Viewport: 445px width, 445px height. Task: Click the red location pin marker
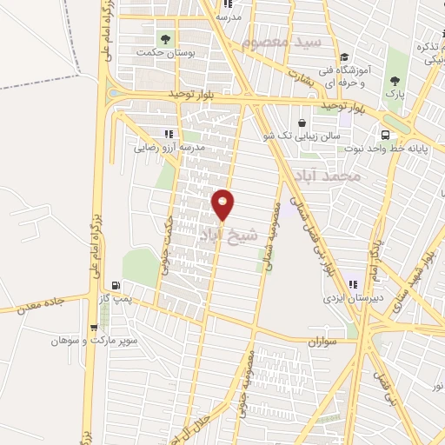pyautogui.click(x=223, y=204)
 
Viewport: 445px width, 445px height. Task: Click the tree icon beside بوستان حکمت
pyautogui.click(x=165, y=38)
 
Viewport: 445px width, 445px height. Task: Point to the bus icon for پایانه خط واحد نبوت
pyautogui.click(x=384, y=135)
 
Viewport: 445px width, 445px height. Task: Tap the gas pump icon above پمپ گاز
pyautogui.click(x=116, y=286)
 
